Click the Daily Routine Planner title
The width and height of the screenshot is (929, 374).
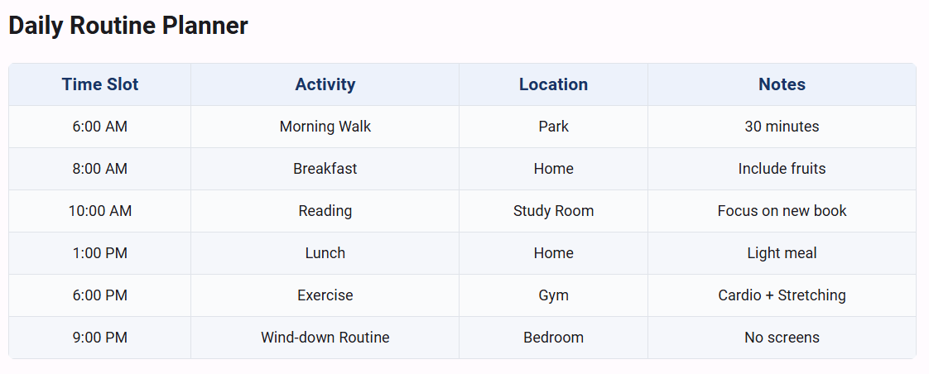pos(128,26)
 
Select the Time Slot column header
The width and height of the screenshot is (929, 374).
pos(100,84)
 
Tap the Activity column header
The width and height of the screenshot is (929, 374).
pos(325,84)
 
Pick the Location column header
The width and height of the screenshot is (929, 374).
pos(553,84)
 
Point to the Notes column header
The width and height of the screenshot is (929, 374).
pos(782,84)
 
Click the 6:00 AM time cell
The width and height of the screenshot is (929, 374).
pos(100,127)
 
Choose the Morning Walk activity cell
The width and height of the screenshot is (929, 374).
pos(325,127)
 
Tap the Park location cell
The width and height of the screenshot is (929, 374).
pos(553,127)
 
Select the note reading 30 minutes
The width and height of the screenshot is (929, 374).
pos(782,127)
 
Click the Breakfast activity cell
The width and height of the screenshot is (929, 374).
pos(325,169)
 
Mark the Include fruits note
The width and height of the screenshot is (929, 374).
pos(782,169)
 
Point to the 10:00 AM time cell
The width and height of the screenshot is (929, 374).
pos(100,211)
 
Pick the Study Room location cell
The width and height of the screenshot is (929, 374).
pos(553,211)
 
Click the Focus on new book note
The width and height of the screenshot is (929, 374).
pos(782,211)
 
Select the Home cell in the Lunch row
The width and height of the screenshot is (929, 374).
pos(553,253)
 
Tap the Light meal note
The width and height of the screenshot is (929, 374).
pos(782,253)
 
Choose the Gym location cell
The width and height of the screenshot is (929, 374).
pos(553,295)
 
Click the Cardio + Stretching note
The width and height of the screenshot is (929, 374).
pos(782,295)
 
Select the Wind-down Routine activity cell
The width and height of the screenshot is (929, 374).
pos(325,338)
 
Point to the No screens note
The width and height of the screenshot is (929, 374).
pos(782,338)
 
